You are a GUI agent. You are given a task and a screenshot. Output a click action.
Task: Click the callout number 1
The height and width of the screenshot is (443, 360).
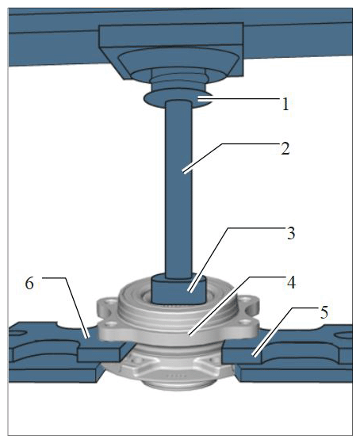pos(285,105)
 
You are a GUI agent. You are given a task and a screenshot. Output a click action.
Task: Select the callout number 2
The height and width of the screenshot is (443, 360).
pos(285,148)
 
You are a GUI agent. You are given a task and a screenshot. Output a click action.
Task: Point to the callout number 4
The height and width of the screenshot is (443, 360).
pos(292,283)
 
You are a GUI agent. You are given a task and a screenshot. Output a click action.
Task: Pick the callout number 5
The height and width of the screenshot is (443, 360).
pos(324,312)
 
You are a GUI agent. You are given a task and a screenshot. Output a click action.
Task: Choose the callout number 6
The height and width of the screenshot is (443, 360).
pos(29,284)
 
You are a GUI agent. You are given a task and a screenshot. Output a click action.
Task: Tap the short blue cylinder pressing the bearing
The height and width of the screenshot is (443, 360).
pos(178,289)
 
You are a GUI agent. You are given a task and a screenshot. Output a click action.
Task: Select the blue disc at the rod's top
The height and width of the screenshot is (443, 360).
pos(178,99)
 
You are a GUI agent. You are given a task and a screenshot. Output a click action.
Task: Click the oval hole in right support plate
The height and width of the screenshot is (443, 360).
pos(343,335)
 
